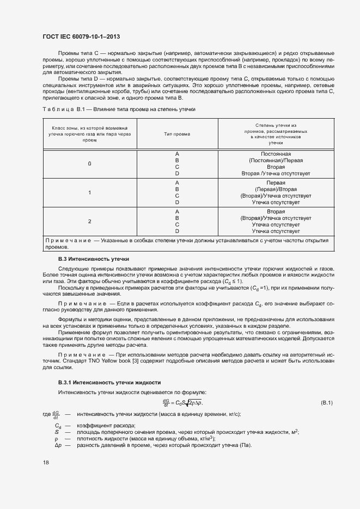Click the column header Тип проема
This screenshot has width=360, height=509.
177,133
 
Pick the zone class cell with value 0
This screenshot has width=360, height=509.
89,164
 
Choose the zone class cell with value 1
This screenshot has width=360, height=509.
89,193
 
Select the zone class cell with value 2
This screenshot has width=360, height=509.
89,221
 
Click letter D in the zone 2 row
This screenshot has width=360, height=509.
177,231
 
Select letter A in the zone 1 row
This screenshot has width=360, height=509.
177,182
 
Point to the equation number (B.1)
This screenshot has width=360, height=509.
327,402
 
